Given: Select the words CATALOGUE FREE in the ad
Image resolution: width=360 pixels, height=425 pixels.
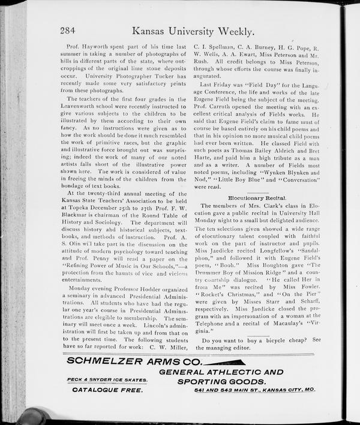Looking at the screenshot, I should pyautogui.click(x=107, y=390).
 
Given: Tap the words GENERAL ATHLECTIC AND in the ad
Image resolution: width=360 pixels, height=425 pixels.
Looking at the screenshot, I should pyautogui.click(x=221, y=371).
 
